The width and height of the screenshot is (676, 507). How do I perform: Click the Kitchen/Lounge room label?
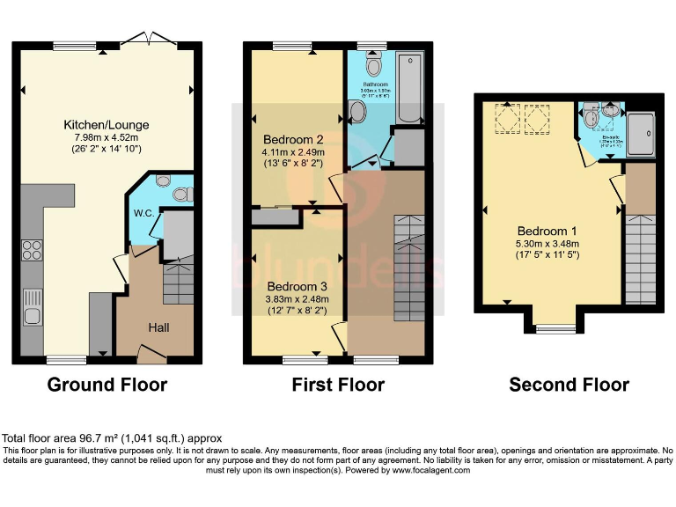[106, 124]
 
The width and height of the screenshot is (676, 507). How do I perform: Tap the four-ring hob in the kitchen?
[32, 250]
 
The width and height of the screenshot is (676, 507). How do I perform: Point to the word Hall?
[158, 327]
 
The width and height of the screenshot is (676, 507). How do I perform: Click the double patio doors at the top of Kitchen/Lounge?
[146, 39]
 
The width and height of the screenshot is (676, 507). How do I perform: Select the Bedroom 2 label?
[295, 139]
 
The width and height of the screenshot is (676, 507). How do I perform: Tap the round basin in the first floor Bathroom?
[358, 110]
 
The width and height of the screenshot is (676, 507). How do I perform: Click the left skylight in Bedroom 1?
[507, 117]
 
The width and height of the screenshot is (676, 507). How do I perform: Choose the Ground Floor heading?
[107, 385]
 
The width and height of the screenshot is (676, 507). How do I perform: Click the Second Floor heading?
[569, 385]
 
